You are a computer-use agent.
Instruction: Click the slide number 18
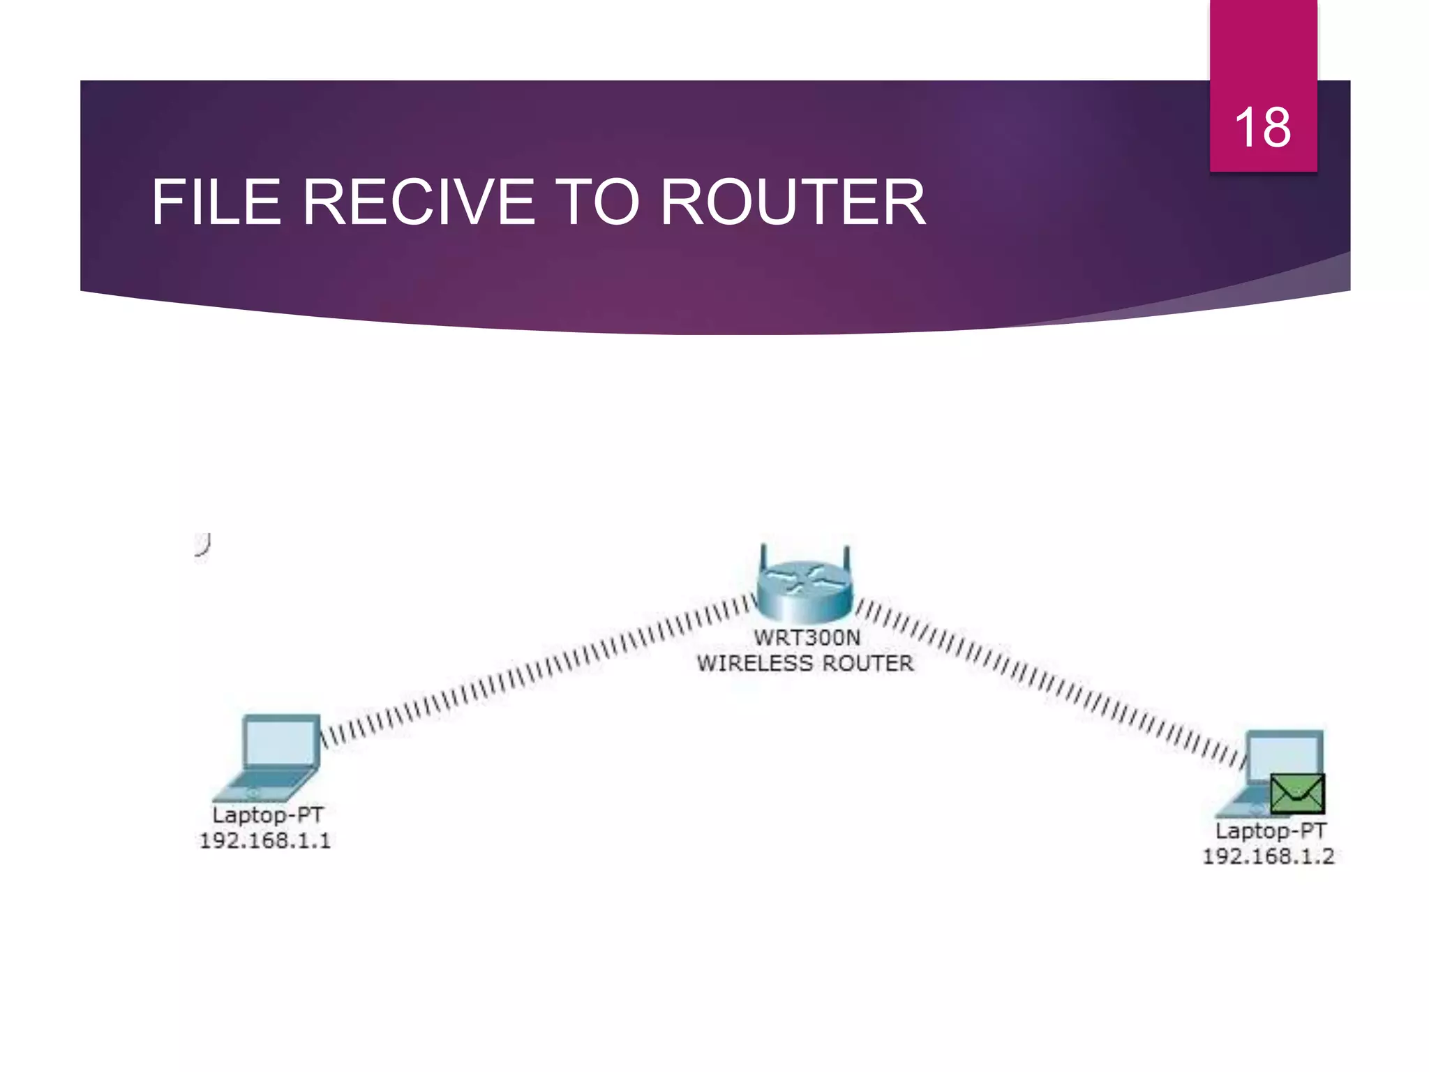tap(1262, 128)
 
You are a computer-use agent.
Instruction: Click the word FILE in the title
tap(216, 202)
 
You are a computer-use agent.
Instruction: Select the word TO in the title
tap(597, 202)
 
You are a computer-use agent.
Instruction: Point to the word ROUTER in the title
tap(793, 202)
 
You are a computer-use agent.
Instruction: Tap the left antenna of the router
tap(763, 558)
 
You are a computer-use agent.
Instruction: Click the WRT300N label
tap(807, 638)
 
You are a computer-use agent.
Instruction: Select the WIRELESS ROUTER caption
tap(805, 663)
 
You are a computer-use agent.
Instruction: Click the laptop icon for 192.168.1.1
tap(272, 758)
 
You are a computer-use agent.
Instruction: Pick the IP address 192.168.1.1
tap(265, 840)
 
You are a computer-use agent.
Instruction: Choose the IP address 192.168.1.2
tap(1268, 856)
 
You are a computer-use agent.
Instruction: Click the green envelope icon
tap(1296, 794)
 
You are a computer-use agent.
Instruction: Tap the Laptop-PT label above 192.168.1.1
tap(268, 815)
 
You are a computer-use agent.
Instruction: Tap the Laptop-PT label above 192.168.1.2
tap(1271, 831)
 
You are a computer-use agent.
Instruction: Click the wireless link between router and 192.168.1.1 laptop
tap(537, 670)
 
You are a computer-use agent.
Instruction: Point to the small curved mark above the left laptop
tap(203, 544)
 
